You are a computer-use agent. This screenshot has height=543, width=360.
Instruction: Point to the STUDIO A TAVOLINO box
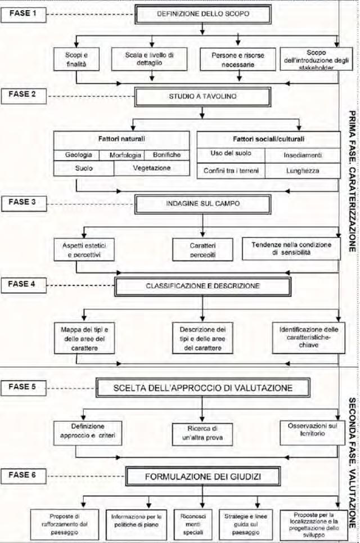click(202, 96)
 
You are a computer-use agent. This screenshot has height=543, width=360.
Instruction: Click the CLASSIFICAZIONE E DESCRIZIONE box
click(202, 286)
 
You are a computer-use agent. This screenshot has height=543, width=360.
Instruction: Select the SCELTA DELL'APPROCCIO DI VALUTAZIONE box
click(202, 388)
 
